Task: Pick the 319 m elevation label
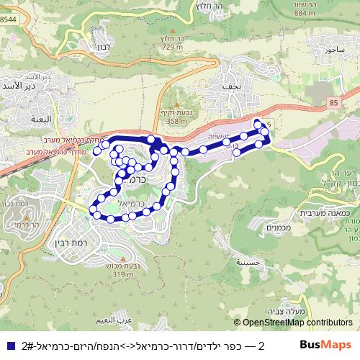(x=124, y=274)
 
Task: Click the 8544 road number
(x=8, y=19)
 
